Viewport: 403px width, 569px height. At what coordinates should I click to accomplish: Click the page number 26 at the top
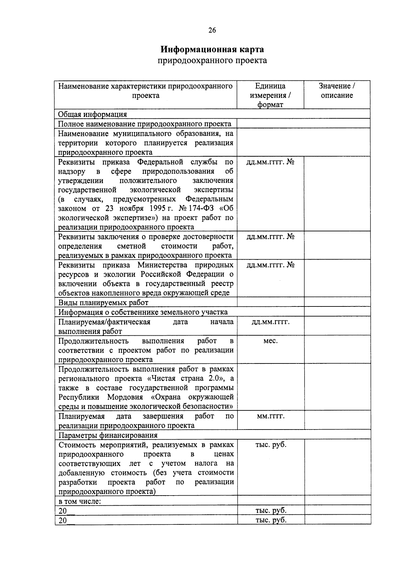[x=212, y=30]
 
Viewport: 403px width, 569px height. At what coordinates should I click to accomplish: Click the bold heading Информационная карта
[x=212, y=49]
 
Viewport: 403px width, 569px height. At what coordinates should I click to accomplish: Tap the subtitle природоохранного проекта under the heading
[x=212, y=60]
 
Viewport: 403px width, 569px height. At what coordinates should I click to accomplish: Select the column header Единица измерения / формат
[x=270, y=95]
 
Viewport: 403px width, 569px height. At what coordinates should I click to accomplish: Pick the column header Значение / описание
[x=337, y=91]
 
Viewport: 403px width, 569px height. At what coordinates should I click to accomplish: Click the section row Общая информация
[x=93, y=114]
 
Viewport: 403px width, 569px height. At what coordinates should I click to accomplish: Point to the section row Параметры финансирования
[x=108, y=435]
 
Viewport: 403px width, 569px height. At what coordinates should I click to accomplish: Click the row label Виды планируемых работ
[x=103, y=302]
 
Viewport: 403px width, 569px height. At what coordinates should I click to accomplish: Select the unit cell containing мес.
[x=270, y=341]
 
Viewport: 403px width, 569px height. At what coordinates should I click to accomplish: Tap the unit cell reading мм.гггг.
[x=270, y=416]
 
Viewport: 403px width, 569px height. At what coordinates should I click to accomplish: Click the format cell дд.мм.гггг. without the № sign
[x=270, y=322]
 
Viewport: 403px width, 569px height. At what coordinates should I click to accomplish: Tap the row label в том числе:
[x=80, y=502]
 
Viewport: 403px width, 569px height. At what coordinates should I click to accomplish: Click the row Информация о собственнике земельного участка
[x=143, y=312]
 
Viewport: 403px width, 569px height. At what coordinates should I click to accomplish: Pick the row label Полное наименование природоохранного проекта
[x=145, y=124]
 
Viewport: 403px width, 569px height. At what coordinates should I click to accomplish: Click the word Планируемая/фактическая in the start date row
[x=104, y=322]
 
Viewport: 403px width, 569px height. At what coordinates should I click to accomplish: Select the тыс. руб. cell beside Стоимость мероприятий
[x=271, y=445]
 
